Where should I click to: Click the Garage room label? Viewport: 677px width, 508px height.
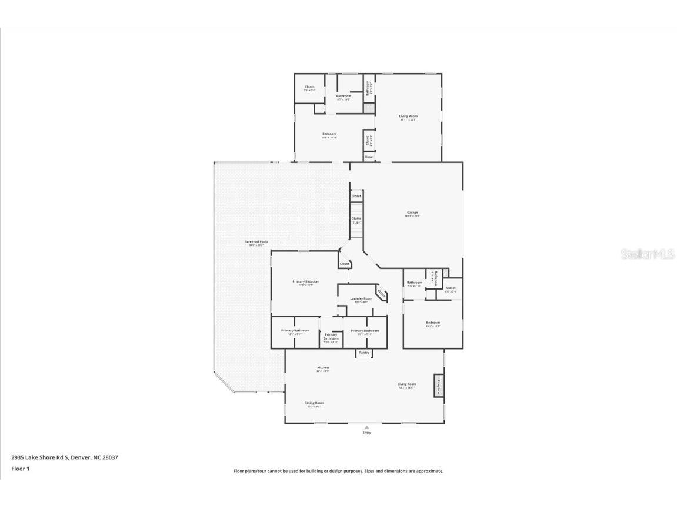412,213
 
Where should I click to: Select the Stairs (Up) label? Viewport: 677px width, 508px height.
356,220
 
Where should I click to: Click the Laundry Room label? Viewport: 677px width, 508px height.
361,298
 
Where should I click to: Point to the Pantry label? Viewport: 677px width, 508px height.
364,353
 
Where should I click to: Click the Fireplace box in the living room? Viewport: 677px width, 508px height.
438,386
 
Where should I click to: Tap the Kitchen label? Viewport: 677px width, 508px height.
323,368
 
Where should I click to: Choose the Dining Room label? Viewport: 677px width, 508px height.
314,403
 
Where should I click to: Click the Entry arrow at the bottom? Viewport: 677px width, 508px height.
366,428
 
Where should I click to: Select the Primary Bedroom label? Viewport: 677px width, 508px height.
306,282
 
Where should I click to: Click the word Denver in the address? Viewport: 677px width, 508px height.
80,457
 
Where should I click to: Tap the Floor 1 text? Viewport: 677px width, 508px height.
20,469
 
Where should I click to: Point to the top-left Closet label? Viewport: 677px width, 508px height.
309,87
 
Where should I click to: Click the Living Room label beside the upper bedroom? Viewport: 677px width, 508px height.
408,117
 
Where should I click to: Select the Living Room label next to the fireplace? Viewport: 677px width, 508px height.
406,384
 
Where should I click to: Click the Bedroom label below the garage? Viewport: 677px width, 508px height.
433,323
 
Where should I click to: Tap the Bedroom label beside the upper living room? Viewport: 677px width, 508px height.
329,134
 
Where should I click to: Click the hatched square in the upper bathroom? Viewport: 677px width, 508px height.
369,109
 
